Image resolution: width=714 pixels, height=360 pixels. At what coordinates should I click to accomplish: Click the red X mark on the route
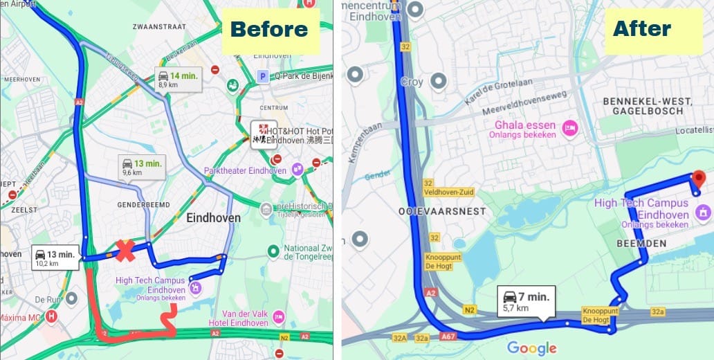125,251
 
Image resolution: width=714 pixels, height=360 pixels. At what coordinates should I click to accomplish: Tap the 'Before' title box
269,29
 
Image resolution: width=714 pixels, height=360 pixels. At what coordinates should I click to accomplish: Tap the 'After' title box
642,29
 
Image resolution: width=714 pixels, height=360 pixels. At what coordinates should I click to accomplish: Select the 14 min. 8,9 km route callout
178,80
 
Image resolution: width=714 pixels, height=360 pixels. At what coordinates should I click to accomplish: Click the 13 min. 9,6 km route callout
142,167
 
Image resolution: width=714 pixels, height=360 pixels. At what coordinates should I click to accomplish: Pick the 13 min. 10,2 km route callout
55,258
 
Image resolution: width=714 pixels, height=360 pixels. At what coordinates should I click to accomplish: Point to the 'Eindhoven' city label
214,218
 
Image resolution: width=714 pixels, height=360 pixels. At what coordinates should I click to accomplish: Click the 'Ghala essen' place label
524,125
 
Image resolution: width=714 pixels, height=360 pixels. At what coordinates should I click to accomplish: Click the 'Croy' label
412,82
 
